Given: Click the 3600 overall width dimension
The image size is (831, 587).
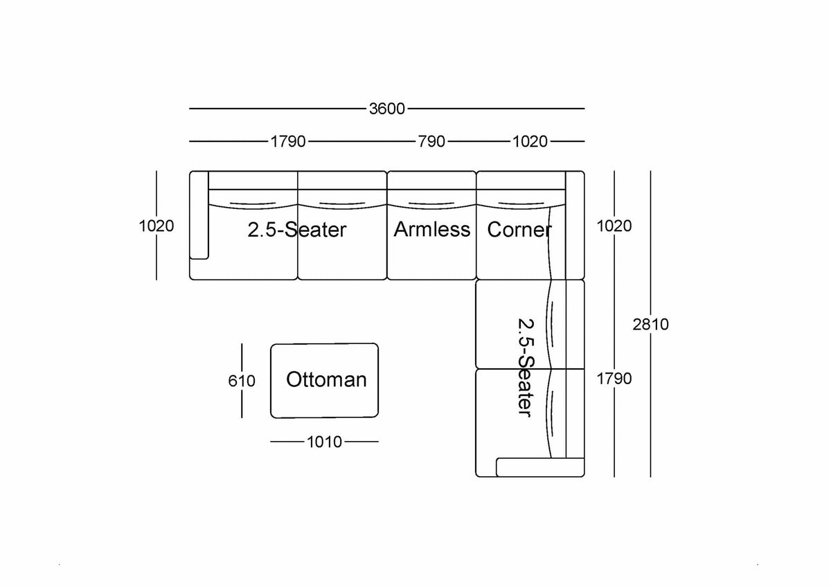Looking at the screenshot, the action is [x=387, y=109].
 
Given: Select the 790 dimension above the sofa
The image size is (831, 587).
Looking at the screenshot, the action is [x=431, y=141].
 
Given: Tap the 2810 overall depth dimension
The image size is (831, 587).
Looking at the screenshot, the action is [x=650, y=325].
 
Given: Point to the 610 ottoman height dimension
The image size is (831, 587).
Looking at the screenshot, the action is [x=242, y=381].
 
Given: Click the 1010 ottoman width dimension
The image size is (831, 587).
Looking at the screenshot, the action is [x=324, y=442].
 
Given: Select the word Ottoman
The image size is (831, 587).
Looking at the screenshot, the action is [x=326, y=379].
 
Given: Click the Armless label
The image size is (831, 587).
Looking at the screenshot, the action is [x=432, y=229].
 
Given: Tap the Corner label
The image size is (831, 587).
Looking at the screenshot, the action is [x=519, y=230].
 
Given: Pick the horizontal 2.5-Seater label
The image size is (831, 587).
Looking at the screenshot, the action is [x=297, y=230].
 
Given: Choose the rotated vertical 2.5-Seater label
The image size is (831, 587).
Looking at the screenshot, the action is [x=526, y=368].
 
